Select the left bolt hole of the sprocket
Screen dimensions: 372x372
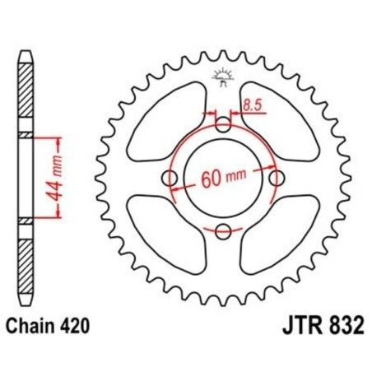click(x=171, y=178)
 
